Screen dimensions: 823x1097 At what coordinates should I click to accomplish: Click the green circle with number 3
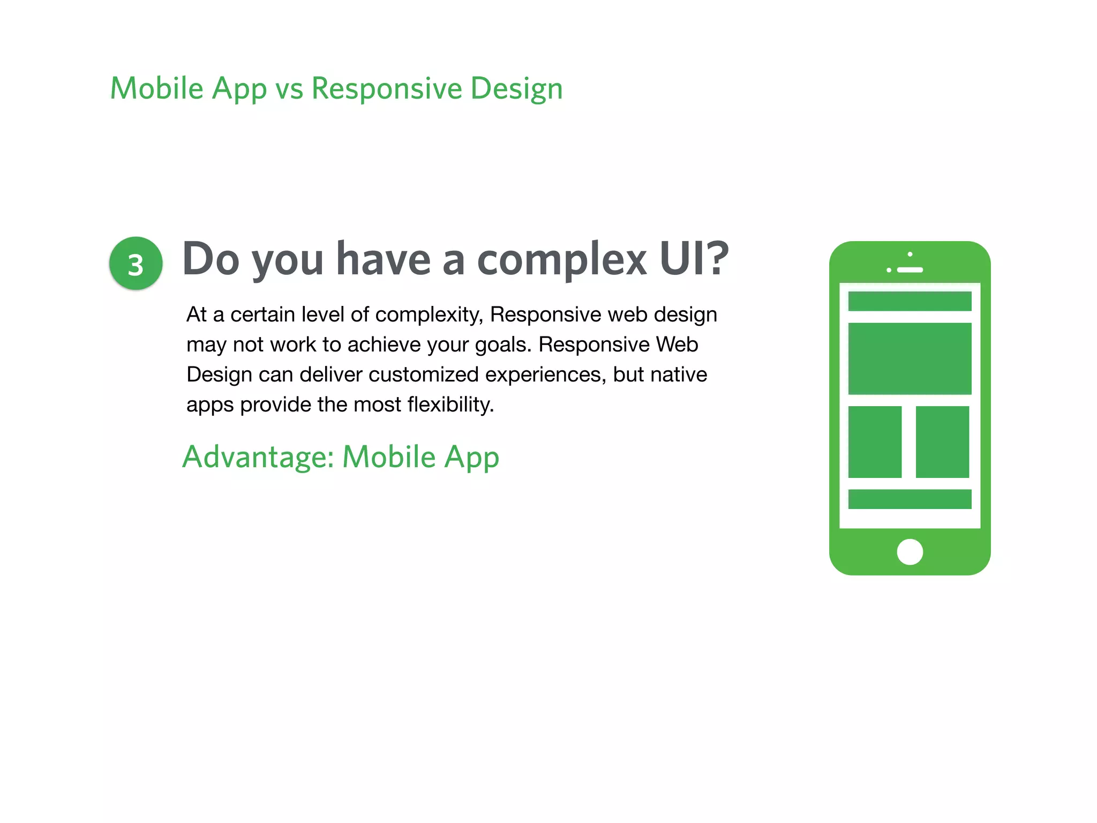point(136,264)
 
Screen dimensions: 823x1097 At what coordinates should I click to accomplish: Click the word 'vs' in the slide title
point(289,89)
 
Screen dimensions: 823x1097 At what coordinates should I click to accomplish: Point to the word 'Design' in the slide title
point(516,89)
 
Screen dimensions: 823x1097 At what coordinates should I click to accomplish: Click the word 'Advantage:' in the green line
point(258,457)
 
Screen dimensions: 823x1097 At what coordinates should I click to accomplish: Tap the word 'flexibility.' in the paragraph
point(450,405)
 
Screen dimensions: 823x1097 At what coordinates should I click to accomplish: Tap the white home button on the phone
point(910,552)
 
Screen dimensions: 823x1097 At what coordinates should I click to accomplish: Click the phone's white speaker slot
point(910,270)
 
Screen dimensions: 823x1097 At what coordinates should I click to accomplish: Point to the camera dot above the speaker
point(910,254)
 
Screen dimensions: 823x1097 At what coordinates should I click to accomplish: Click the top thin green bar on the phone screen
point(910,301)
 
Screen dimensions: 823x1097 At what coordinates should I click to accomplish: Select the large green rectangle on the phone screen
point(910,358)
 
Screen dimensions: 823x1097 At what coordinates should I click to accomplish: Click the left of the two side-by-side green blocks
point(875,442)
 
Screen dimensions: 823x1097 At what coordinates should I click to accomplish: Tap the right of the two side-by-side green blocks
point(942,442)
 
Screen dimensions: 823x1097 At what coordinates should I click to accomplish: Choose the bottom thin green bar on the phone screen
point(910,499)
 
